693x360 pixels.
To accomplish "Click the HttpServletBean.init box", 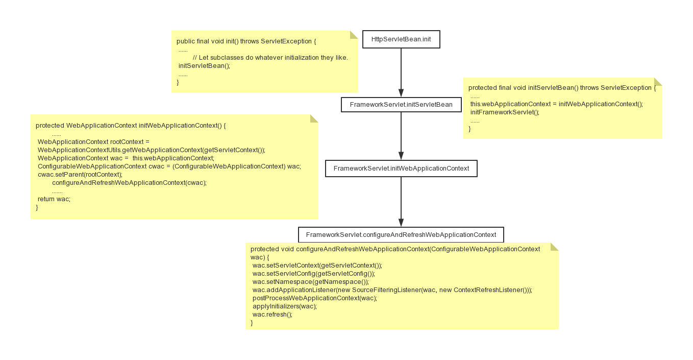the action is pyautogui.click(x=401, y=39).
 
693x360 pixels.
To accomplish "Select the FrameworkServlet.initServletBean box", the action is pyautogui.click(x=401, y=105).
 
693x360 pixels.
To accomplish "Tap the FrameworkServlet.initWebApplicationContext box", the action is pyautogui.click(x=401, y=169).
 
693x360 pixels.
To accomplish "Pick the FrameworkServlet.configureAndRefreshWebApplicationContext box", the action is pyautogui.click(x=401, y=234).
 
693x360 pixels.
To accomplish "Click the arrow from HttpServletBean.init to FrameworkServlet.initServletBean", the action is pyautogui.click(x=401, y=73).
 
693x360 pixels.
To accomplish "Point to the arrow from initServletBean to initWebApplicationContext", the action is pyautogui.click(x=401, y=136).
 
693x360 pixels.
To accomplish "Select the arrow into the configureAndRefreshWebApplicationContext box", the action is pyautogui.click(x=401, y=202).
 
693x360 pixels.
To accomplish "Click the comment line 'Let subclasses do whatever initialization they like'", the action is pyautogui.click(x=270, y=58).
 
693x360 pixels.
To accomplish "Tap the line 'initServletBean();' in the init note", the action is pyautogui.click(x=205, y=66).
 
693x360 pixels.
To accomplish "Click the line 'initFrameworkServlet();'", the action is pyautogui.click(x=505, y=112).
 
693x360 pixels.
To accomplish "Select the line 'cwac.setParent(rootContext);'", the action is pyautogui.click(x=80, y=174).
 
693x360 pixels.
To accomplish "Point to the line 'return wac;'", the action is pyautogui.click(x=54, y=199).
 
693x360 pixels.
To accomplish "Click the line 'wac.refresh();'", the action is pyautogui.click(x=273, y=315).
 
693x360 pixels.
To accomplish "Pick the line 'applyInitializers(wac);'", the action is pyautogui.click(x=285, y=306).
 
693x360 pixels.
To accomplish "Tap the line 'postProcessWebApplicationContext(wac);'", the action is pyautogui.click(x=315, y=298).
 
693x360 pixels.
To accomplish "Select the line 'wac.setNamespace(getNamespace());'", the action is pyautogui.click(x=311, y=282).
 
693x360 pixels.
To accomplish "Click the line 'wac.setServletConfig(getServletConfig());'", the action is pyautogui.click(x=314, y=274).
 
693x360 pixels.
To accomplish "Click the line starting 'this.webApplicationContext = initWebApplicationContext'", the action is pyautogui.click(x=557, y=104).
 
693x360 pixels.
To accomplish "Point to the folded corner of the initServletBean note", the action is pyautogui.click(x=658, y=82).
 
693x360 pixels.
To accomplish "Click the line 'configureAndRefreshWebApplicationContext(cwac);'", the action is pyautogui.click(x=129, y=183).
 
